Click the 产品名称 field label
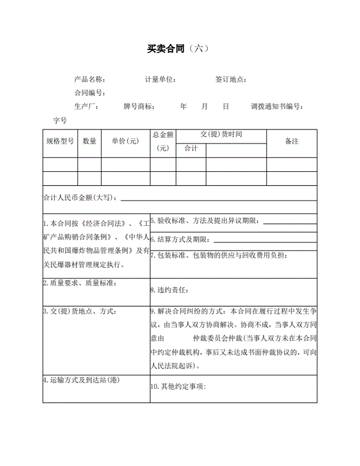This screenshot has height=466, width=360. click(x=90, y=79)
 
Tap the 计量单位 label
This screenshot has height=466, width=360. click(x=161, y=79)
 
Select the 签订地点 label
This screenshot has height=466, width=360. click(x=231, y=79)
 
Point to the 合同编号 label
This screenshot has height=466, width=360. click(x=90, y=93)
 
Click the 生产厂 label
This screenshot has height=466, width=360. click(x=86, y=106)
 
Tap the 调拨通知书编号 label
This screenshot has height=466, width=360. click(x=276, y=106)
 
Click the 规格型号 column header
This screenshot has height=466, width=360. click(x=60, y=141)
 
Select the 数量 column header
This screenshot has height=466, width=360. click(x=89, y=141)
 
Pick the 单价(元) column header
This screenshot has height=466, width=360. click(x=125, y=141)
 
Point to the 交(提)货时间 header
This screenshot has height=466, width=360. click(x=221, y=134)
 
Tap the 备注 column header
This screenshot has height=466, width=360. click(x=292, y=141)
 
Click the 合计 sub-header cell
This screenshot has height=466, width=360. click(x=191, y=148)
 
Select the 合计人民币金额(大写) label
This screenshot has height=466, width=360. click(x=81, y=197)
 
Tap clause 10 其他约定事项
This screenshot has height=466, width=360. click(x=178, y=387)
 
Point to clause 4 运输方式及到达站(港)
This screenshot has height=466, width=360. click(x=81, y=380)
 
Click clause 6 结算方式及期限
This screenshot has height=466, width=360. click(x=180, y=239)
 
